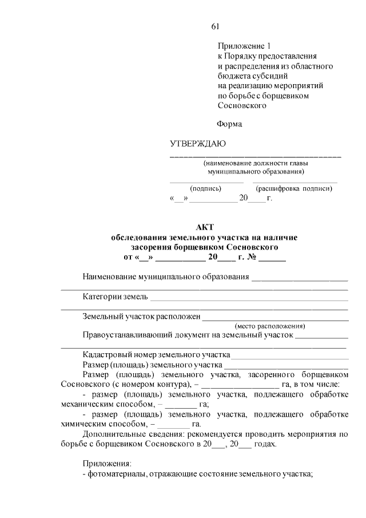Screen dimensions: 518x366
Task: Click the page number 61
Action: (x=216, y=26)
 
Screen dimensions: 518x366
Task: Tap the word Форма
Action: (x=230, y=124)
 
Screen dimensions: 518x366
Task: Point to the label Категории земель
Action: (x=115, y=296)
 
